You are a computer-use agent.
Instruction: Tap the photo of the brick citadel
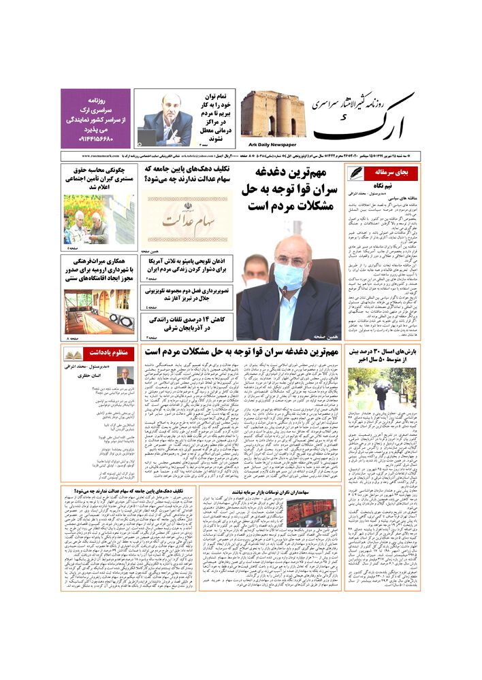[x=272, y=114]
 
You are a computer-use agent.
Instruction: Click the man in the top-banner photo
[x=167, y=119]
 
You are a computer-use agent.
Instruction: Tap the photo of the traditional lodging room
[x=99, y=311]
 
